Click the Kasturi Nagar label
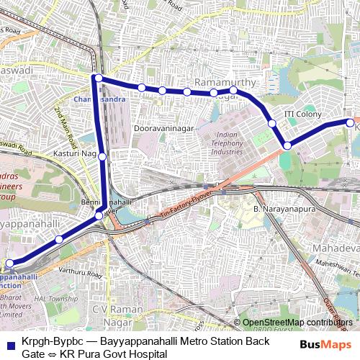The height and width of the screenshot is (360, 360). tap(75, 154)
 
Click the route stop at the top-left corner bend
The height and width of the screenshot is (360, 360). tap(97, 78)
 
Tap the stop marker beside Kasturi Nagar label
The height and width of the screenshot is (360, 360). tap(102, 156)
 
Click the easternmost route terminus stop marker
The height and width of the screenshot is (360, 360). tap(350, 123)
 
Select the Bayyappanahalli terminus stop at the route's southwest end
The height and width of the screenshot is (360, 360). tap(9, 264)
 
